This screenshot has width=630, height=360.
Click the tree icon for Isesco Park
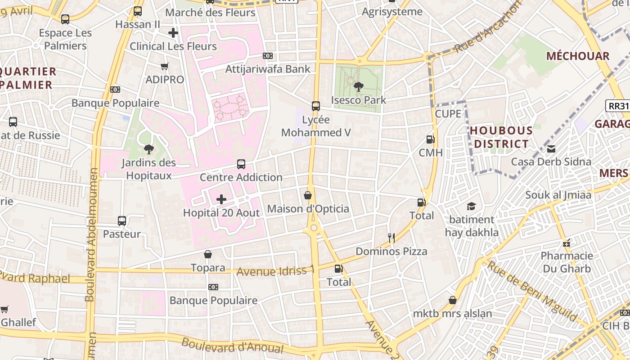[x=359, y=86]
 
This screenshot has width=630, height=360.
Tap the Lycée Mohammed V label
[x=315, y=126]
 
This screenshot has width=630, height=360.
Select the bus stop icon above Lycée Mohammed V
[x=316, y=106]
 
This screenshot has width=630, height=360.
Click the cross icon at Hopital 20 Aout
[x=221, y=199]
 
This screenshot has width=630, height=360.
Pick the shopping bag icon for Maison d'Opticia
[x=308, y=195]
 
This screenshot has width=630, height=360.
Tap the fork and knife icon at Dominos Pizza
[x=391, y=238]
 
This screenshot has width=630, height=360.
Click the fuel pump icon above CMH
[x=431, y=139]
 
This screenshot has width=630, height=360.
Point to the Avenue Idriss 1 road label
[x=275, y=271]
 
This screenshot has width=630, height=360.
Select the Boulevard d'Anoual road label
[x=232, y=345]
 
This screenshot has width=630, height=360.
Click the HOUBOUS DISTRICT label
[x=501, y=137]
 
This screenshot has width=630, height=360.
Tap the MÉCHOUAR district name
[x=578, y=56]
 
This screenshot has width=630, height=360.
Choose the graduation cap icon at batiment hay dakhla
[x=471, y=206]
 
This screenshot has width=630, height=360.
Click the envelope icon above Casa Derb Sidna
[x=551, y=149]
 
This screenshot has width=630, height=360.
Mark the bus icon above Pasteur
[x=122, y=221]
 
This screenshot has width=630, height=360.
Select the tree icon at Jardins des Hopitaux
[x=148, y=149]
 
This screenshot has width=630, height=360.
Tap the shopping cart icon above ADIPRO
[x=165, y=67]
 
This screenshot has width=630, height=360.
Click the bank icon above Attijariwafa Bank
[x=268, y=56]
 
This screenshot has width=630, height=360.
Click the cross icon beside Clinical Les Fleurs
[x=173, y=33]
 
